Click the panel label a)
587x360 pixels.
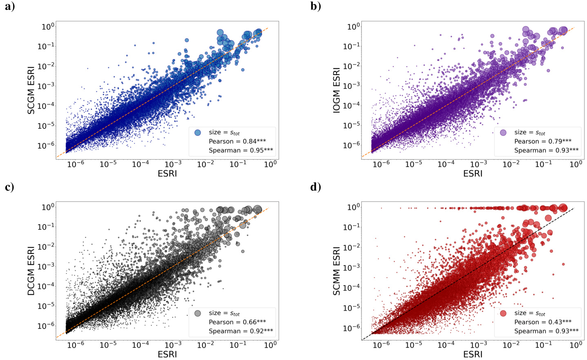[x=10, y=7]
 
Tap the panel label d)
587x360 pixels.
[x=316, y=187]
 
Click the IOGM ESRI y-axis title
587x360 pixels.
[x=337, y=90]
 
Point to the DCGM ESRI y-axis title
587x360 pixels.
[x=31, y=271]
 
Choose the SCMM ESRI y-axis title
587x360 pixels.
[x=337, y=271]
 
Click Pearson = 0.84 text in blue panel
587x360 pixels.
[x=237, y=141]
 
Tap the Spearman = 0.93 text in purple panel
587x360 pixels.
[x=546, y=150]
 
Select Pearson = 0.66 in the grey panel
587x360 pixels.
[x=237, y=322]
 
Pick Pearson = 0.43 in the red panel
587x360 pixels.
[x=543, y=322]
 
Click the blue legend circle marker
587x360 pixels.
[x=198, y=132]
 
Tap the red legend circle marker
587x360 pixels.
[x=503, y=313]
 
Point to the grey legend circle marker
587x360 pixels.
[x=198, y=313]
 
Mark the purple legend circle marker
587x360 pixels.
[x=503, y=132]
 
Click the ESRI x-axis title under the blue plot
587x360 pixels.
[x=167, y=173]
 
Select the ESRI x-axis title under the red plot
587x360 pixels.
[x=473, y=354]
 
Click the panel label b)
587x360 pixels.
[x=316, y=7]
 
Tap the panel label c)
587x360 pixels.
[x=10, y=187]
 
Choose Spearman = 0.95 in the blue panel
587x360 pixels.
[x=241, y=150]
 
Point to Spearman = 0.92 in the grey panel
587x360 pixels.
[x=241, y=331]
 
